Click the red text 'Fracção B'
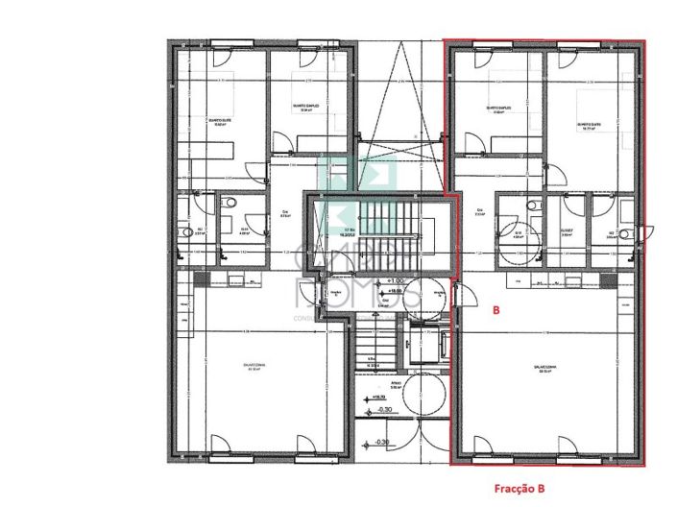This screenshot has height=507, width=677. point(520,488)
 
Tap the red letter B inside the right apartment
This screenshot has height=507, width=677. point(496,311)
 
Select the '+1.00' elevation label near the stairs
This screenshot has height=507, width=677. point(396,280)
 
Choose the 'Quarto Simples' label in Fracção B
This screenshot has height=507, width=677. point(496,109)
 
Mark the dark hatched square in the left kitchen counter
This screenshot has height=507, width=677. point(200,278)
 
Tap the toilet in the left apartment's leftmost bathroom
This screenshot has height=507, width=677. point(182,231)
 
